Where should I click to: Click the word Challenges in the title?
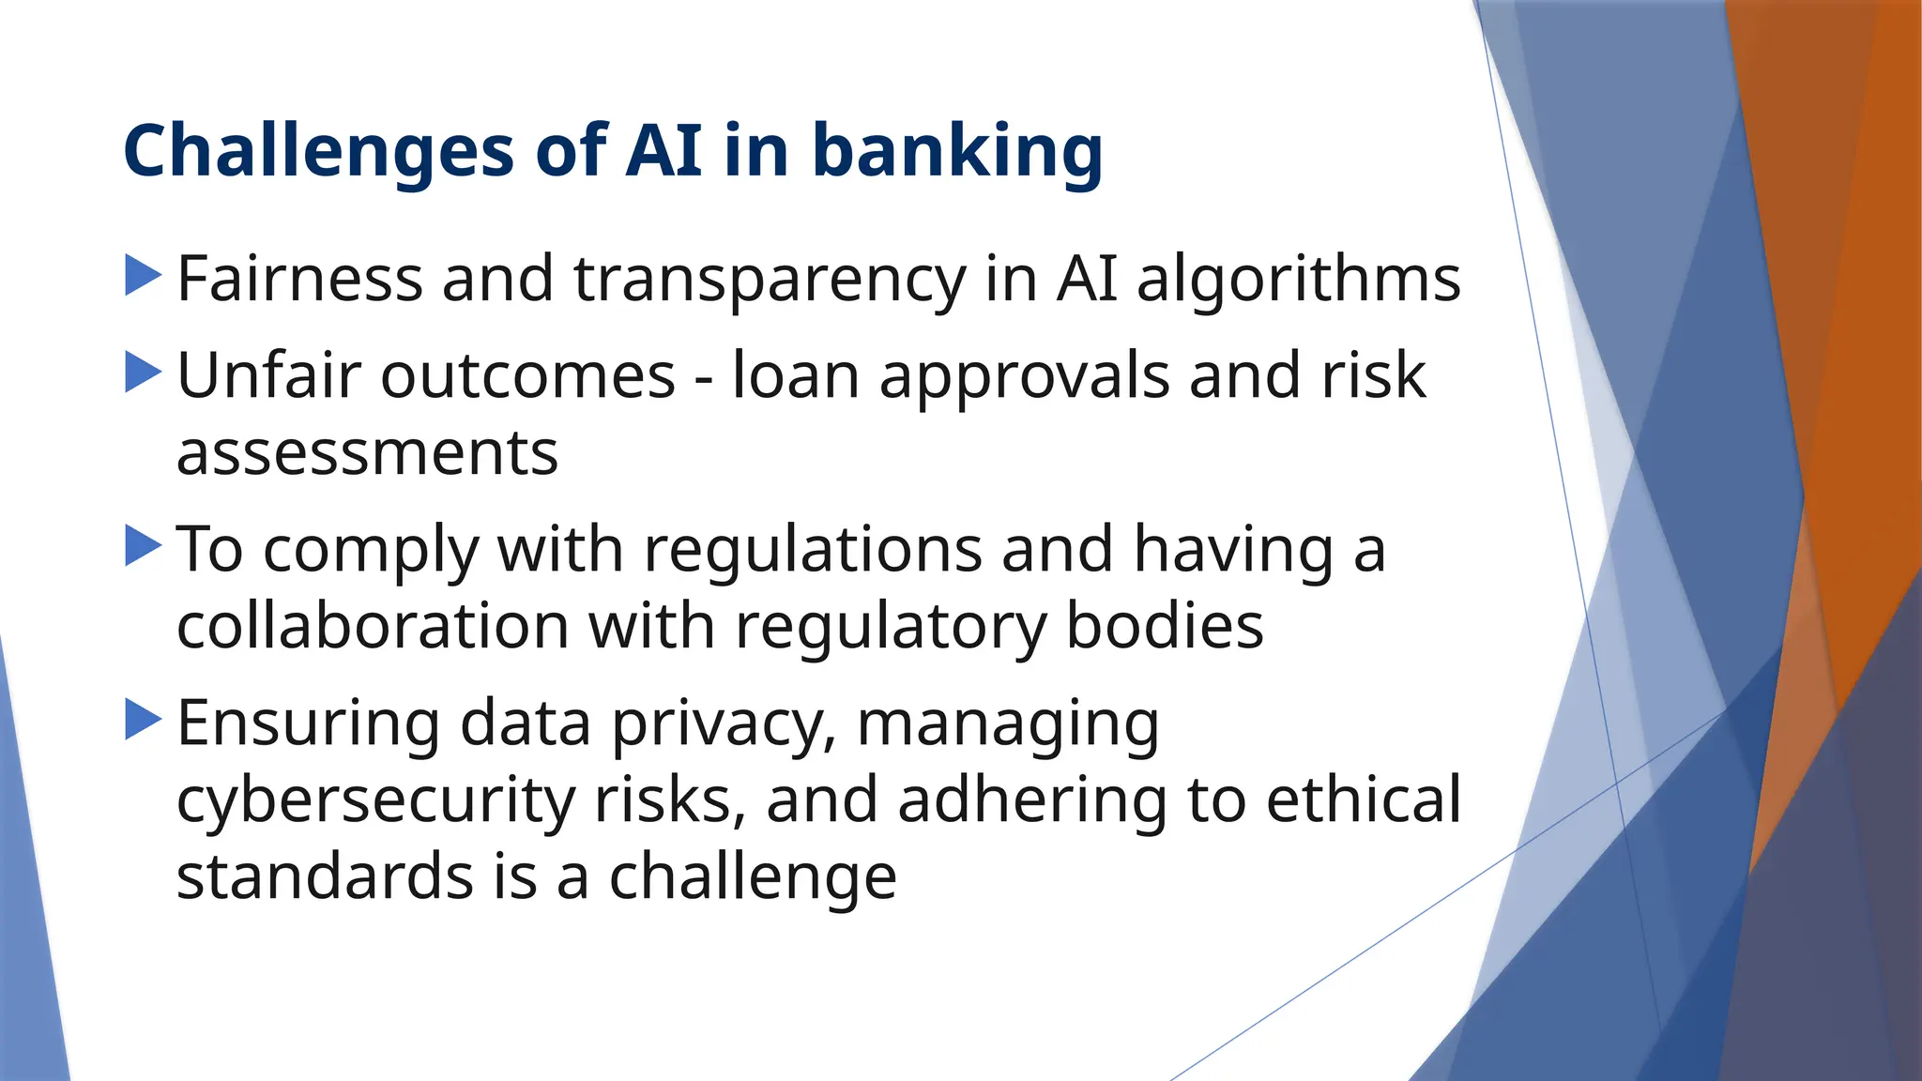pyautogui.click(x=318, y=152)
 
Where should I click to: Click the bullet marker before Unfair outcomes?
pyautogui.click(x=143, y=373)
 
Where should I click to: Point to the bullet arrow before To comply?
pyautogui.click(x=143, y=545)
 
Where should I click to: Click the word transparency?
pyautogui.click(x=770, y=280)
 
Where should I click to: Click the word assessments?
pyautogui.click(x=367, y=454)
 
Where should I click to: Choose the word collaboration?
pyautogui.click(x=373, y=626)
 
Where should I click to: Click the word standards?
pyautogui.click(x=325, y=877)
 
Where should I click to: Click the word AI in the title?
pyautogui.click(x=664, y=152)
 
